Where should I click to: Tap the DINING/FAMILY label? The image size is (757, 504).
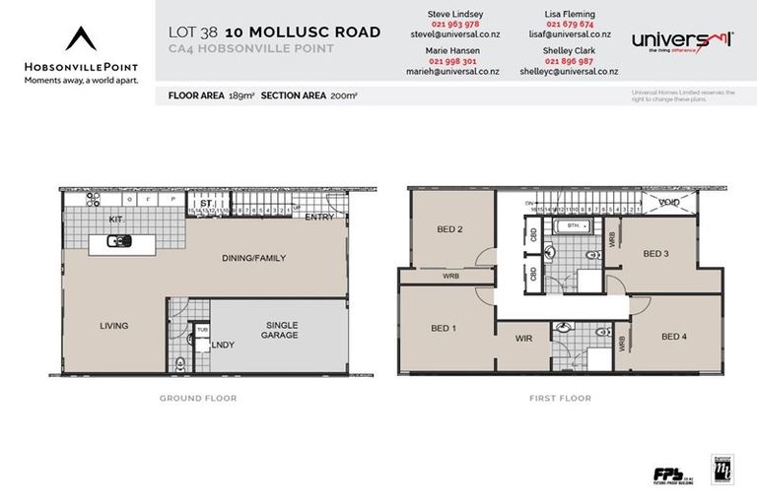[253, 258]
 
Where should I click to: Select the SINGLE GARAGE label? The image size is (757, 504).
[281, 331]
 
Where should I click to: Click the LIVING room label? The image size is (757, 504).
[113, 326]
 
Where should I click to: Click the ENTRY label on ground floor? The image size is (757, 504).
[318, 218]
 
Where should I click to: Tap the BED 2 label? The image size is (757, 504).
[449, 229]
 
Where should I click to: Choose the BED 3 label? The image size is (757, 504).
[655, 253]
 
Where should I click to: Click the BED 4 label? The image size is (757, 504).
[673, 337]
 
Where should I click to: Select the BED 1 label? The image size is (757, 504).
[444, 328]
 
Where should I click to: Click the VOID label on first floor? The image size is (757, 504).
[669, 203]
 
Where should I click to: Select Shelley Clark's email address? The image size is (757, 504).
[569, 72]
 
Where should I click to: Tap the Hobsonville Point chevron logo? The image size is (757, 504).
[81, 38]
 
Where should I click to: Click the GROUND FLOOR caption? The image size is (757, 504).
[198, 399]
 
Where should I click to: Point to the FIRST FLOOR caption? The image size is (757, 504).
[560, 399]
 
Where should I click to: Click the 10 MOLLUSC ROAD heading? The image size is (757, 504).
[303, 31]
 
